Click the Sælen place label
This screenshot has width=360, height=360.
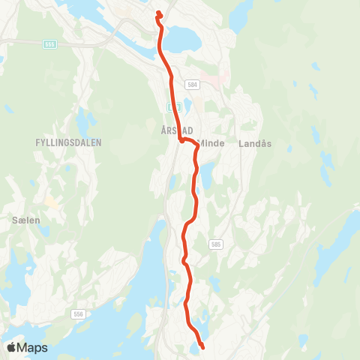[x=25, y=220]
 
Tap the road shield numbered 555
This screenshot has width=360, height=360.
[x=49, y=44]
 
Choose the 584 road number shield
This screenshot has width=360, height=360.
[x=193, y=85]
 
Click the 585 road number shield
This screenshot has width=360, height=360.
[x=216, y=244]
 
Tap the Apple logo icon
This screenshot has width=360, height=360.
[x=11, y=347]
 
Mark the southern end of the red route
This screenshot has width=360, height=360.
[x=202, y=347]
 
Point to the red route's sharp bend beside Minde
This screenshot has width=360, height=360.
[x=181, y=139]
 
